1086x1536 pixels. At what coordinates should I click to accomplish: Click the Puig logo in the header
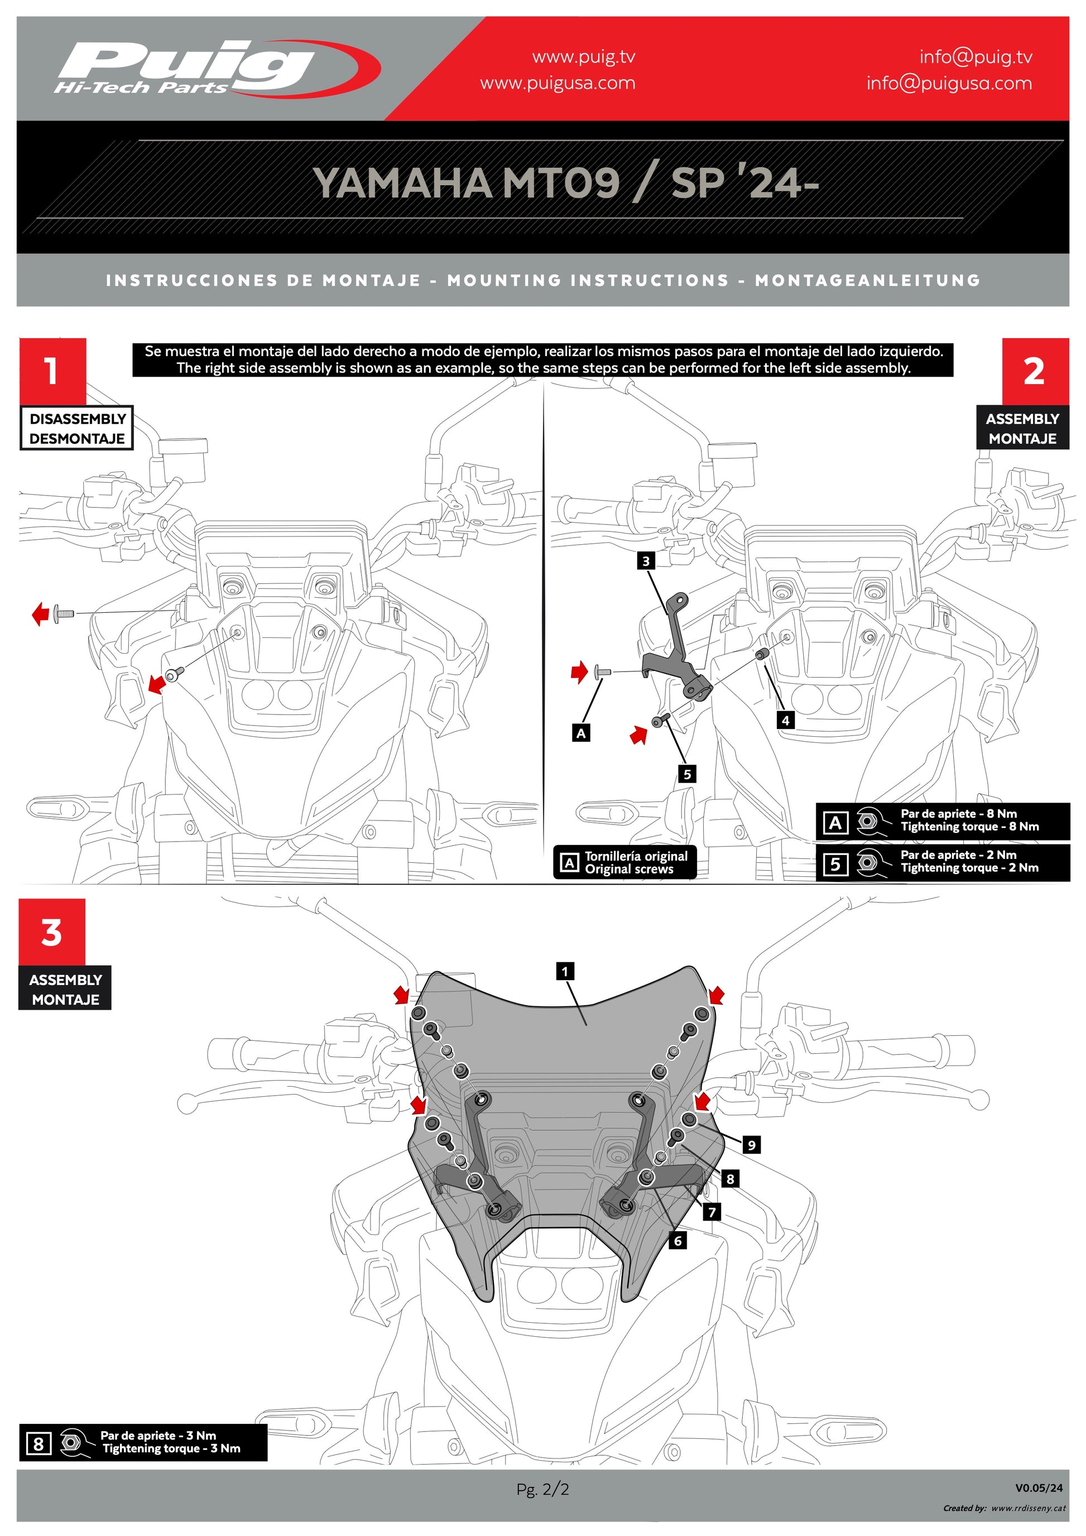click(x=214, y=68)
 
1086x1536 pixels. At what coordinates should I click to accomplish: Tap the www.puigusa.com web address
click(x=557, y=84)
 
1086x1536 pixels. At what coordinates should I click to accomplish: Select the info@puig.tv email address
click(x=975, y=57)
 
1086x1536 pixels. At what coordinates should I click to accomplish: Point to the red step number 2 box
click(x=1035, y=371)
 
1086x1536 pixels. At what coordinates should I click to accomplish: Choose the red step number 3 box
click(x=52, y=932)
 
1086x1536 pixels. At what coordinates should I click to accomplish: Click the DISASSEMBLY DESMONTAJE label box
click(x=77, y=428)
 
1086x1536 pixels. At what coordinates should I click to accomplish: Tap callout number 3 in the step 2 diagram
click(x=645, y=560)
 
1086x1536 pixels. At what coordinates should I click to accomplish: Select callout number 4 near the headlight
click(x=786, y=721)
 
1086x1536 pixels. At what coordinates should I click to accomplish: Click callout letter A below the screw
click(x=581, y=733)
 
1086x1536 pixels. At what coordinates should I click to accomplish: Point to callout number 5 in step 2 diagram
click(x=687, y=775)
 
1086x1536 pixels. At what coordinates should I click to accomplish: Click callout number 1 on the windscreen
click(x=565, y=971)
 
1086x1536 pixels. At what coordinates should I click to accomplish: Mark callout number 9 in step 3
click(x=752, y=1145)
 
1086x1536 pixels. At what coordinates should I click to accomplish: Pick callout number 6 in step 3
click(x=677, y=1241)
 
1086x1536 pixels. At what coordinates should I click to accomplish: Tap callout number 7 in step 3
click(x=712, y=1212)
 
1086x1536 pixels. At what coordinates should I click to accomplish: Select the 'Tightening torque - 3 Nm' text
click(x=171, y=1448)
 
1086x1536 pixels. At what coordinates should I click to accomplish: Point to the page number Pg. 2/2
click(x=542, y=1489)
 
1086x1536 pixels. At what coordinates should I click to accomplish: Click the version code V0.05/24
click(x=1038, y=1488)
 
